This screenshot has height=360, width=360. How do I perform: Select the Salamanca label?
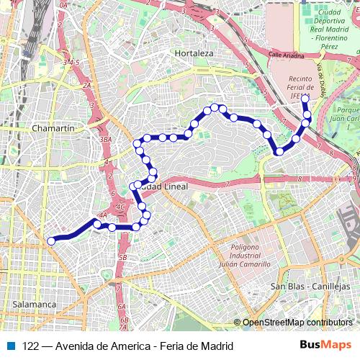point(34,304)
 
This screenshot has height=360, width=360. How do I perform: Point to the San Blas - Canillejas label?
point(304,286)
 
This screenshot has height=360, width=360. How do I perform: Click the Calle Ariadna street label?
point(287,54)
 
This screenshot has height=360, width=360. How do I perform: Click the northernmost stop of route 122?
point(305,98)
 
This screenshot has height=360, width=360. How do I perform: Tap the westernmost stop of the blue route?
point(50,241)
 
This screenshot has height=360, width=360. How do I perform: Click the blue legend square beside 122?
point(11,346)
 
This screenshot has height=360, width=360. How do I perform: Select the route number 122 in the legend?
point(30,346)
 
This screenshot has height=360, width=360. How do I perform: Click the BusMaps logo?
point(325,345)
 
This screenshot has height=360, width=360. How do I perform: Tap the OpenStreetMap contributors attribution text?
point(297,323)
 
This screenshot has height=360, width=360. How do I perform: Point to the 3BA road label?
point(106,139)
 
